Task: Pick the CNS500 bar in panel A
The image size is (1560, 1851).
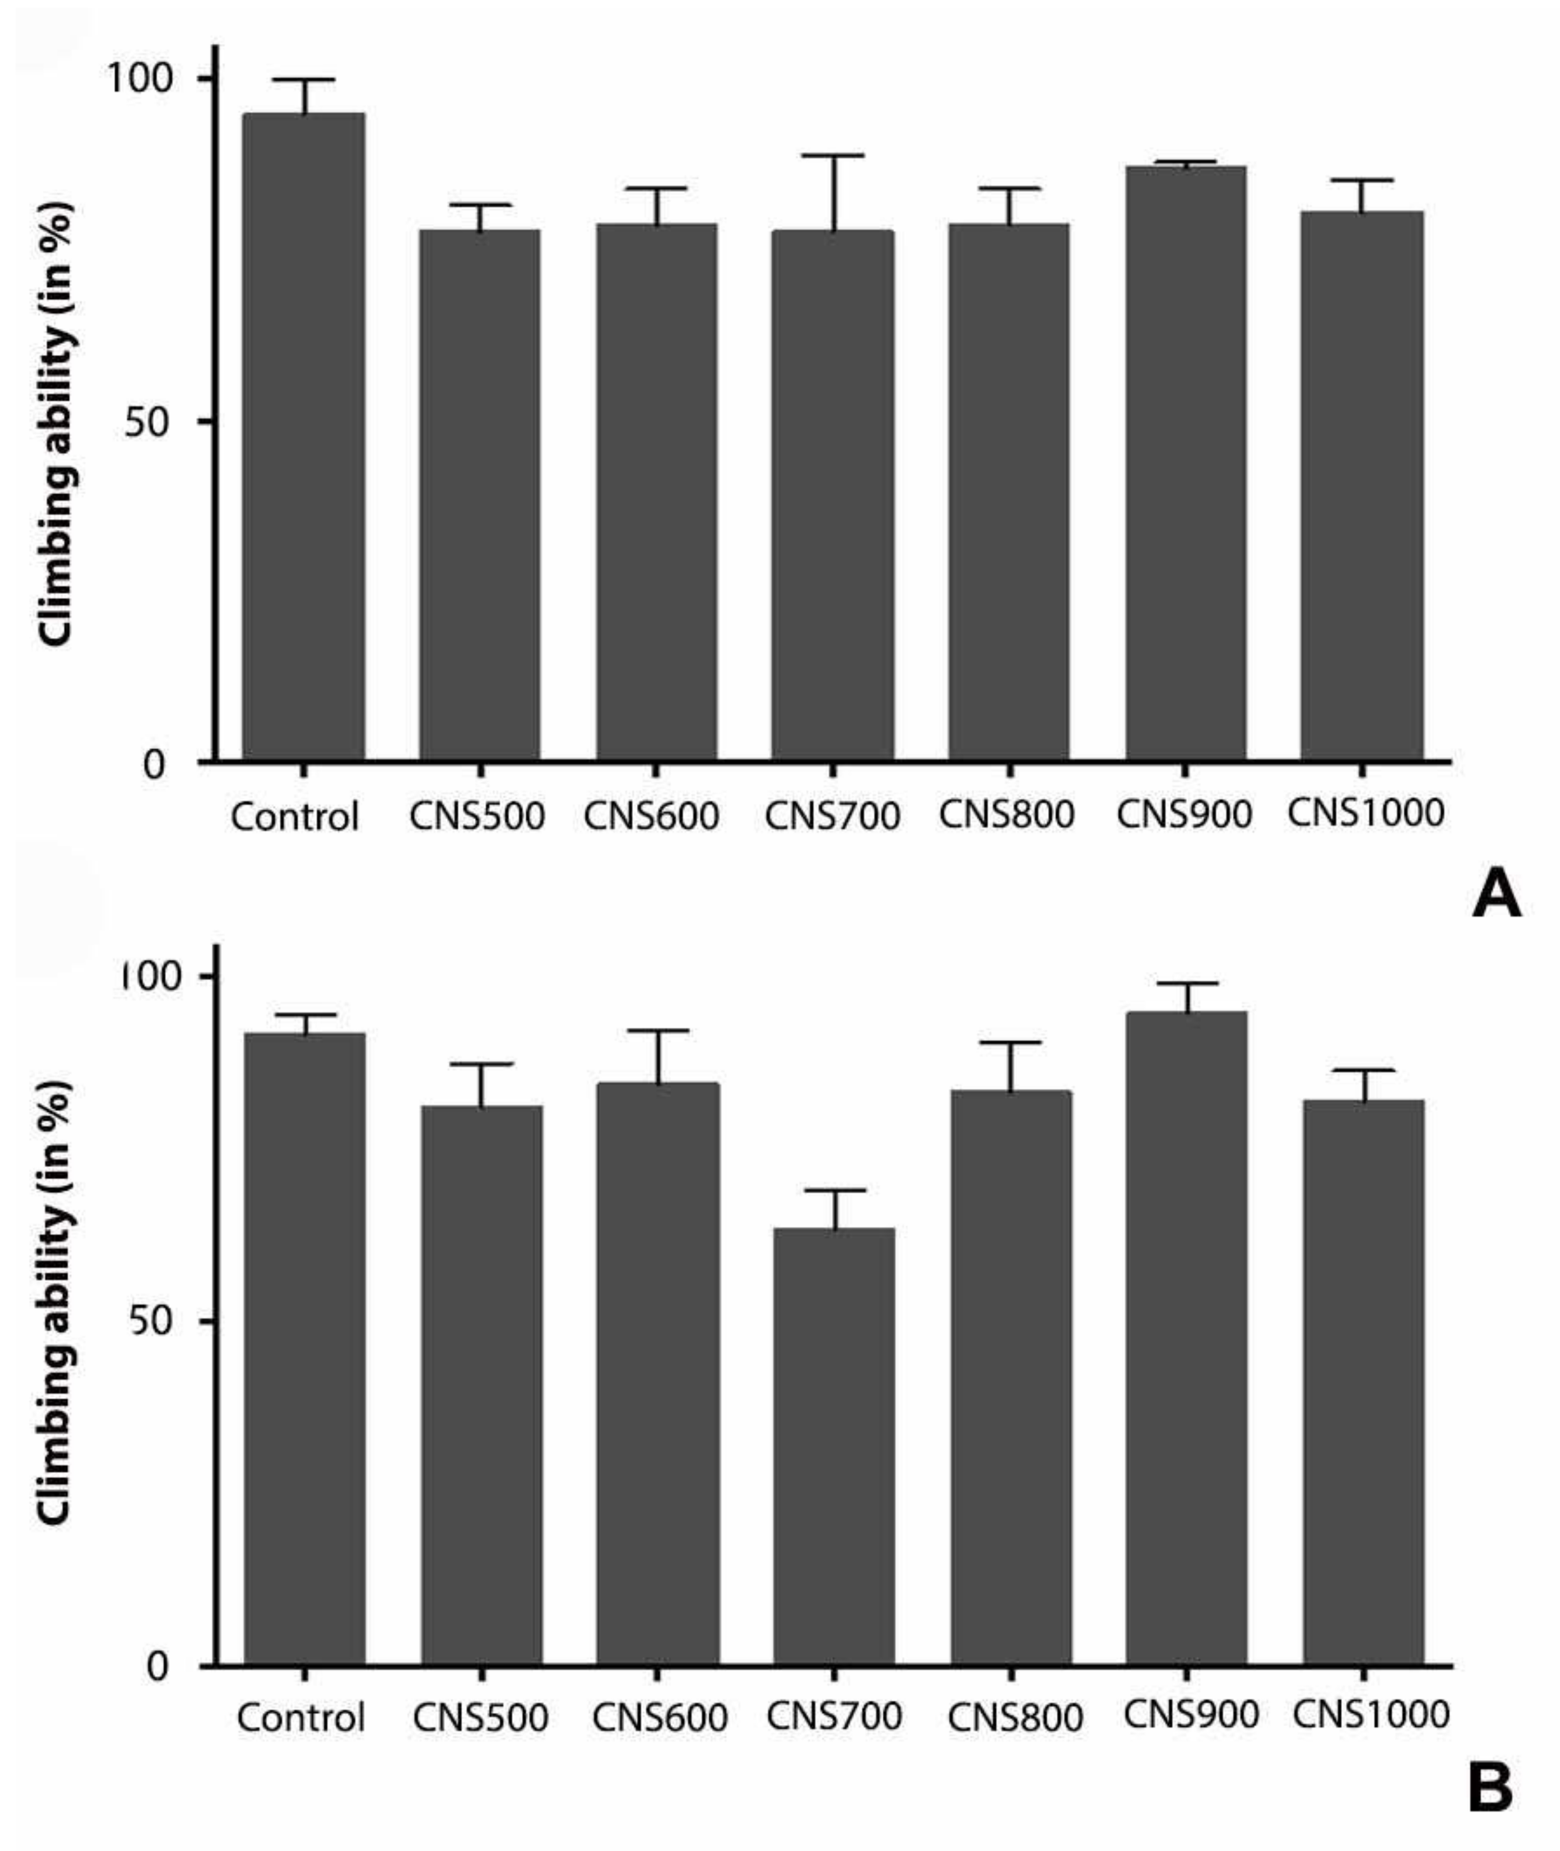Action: [479, 495]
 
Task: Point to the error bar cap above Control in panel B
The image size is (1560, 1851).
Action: [304, 1015]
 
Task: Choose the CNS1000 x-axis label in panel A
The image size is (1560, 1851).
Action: [1365, 813]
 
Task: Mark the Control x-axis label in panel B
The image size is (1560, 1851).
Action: [301, 1718]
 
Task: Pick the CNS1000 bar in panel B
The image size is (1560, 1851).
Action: [1363, 1383]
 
